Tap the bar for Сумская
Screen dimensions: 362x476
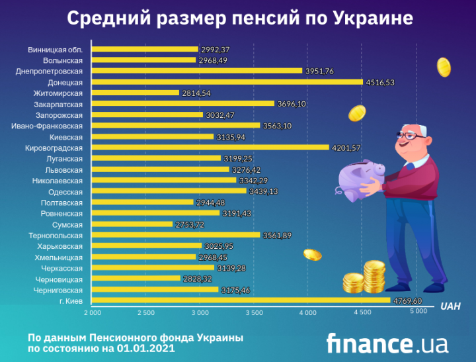tap(132, 224)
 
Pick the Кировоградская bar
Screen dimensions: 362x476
tap(210, 148)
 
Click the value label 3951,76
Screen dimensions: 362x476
tap(319, 71)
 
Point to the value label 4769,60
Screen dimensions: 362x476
tap(407, 300)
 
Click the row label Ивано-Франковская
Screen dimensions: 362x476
tap(48, 126)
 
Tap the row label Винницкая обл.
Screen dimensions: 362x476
tap(56, 50)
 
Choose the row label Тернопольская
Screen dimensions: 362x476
tap(56, 235)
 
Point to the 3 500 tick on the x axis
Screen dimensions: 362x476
tap(254, 312)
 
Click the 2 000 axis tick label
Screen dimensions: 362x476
tap(91, 312)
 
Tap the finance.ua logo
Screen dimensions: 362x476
tap(387, 343)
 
